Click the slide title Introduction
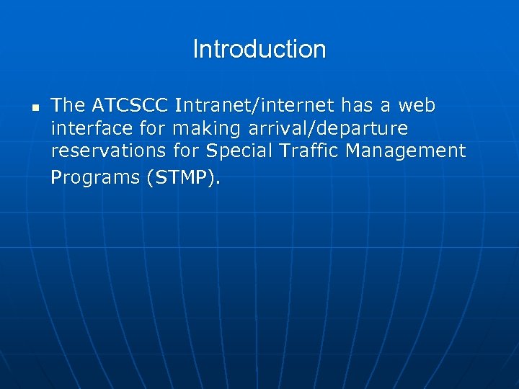tap(259, 50)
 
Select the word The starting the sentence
tap(68, 105)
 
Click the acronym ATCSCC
tap(130, 105)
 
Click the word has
tap(356, 105)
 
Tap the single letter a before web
tap(386, 106)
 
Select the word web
tap(417, 105)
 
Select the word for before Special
tap(187, 151)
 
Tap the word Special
tap(237, 153)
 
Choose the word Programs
tap(95, 177)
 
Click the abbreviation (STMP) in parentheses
tap(183, 177)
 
